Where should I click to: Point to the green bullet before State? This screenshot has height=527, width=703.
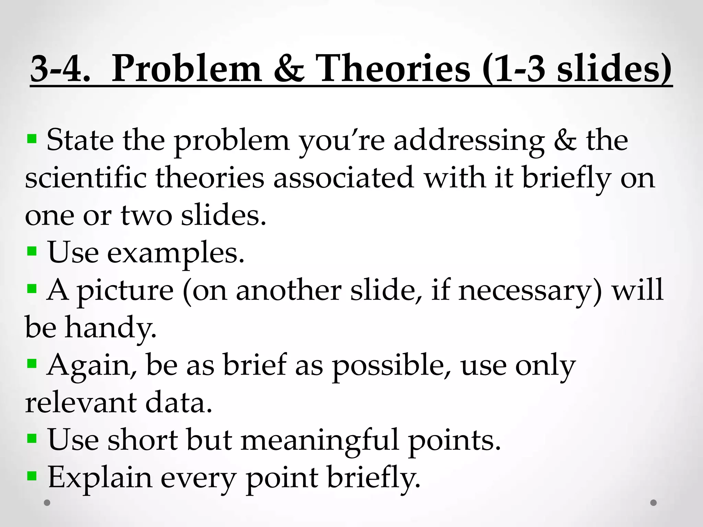(32, 139)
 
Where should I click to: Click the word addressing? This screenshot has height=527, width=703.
(469, 141)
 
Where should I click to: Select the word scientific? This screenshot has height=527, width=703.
(86, 178)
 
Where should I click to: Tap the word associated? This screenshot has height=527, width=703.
(344, 178)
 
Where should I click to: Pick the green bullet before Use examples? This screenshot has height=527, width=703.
(32, 251)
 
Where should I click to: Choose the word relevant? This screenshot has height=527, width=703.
(81, 403)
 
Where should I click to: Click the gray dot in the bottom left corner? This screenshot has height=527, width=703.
(47, 503)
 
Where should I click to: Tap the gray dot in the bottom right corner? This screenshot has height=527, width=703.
(654, 503)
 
